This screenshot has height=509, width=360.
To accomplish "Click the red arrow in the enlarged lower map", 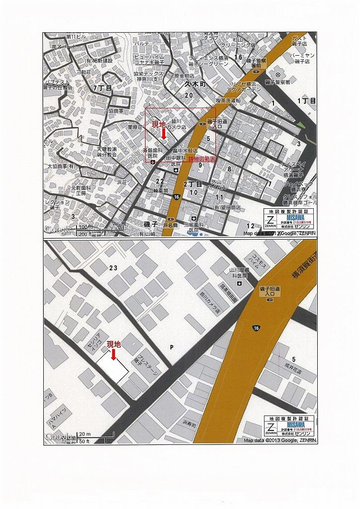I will pos(113,353).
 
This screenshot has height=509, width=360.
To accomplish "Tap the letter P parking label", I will pos(172,347).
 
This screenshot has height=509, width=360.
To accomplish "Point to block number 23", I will pos(113,268).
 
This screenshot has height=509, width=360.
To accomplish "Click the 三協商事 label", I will pos(113,111).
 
